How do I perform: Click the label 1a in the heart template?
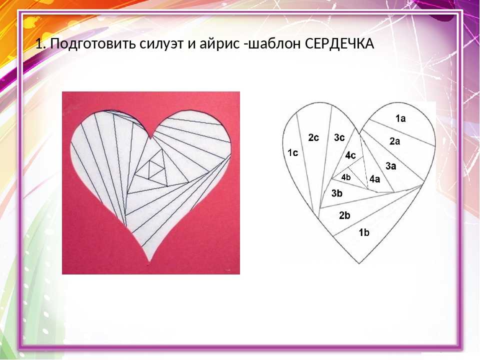[400, 118]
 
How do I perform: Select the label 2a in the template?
[394, 141]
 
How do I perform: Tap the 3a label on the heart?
[390, 166]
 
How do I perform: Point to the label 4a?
[374, 179]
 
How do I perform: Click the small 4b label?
[346, 177]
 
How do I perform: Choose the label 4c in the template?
[350, 155]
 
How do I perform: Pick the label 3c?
[339, 138]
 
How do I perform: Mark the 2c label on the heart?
[313, 138]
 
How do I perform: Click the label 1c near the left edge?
[292, 153]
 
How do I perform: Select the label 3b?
[336, 193]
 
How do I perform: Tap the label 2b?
[344, 215]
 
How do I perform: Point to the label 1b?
[364, 232]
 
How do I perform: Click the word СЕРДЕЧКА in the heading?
[339, 44]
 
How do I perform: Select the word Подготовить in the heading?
[93, 44]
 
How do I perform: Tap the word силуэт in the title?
[162, 44]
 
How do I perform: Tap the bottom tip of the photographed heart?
[149, 261]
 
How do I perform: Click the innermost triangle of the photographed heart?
[151, 169]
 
